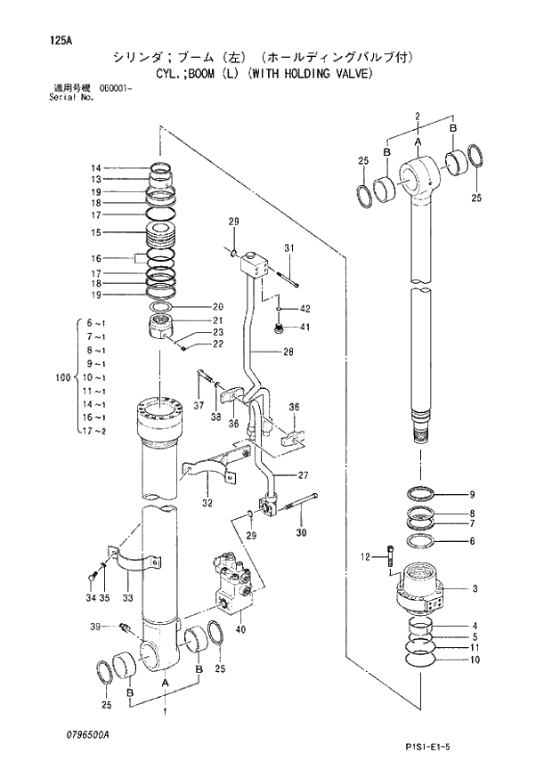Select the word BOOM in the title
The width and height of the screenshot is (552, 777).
pyautogui.click(x=201, y=73)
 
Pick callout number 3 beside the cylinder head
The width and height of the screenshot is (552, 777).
pyautogui.click(x=475, y=588)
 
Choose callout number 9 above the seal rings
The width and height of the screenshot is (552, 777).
pyautogui.click(x=473, y=495)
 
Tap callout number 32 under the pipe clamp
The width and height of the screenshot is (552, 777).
pyautogui.click(x=207, y=503)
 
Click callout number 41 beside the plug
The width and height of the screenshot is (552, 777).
pyautogui.click(x=304, y=328)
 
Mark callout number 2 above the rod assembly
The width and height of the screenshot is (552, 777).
pyautogui.click(x=418, y=117)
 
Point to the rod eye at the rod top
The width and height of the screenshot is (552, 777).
pyautogui.click(x=418, y=173)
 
